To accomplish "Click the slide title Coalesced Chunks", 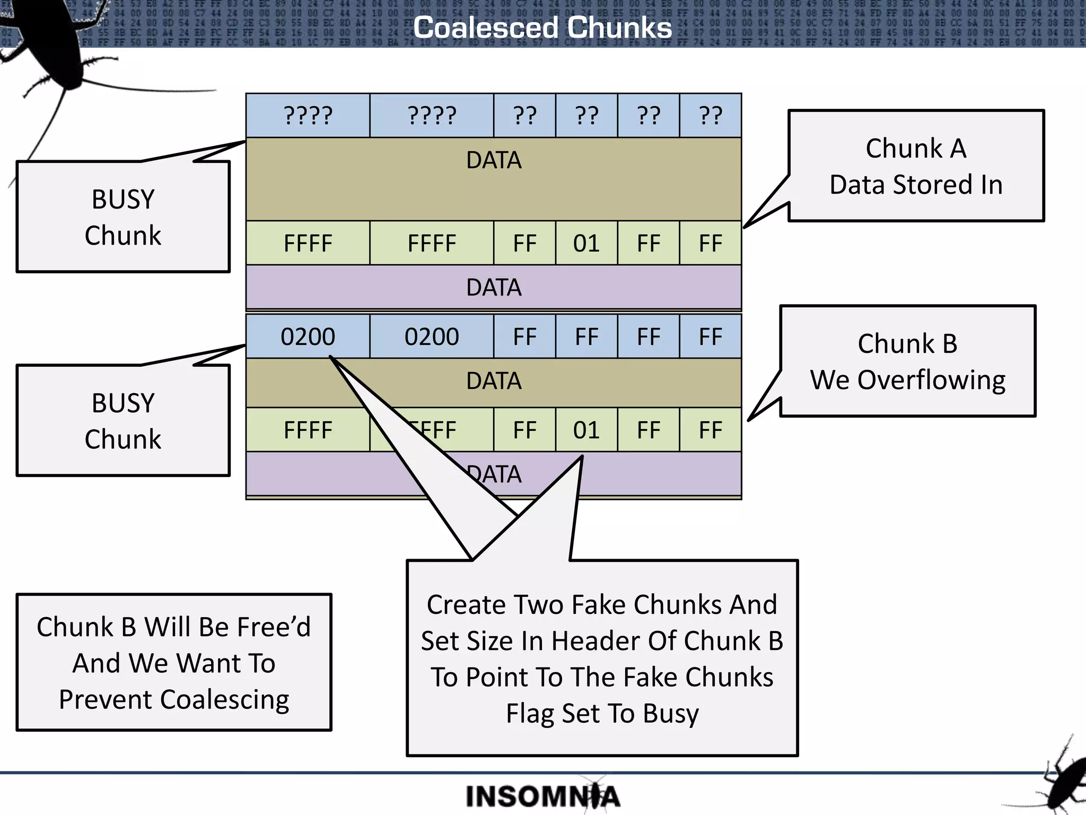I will (x=542, y=28).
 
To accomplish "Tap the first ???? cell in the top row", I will (x=308, y=116).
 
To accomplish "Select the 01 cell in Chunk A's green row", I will (x=586, y=244).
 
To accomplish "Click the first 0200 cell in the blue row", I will (x=308, y=337).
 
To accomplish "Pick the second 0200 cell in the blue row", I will (x=432, y=337).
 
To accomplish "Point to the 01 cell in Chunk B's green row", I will (x=586, y=430).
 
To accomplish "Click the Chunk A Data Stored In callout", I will (x=916, y=166).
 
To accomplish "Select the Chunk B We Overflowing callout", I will (x=907, y=361).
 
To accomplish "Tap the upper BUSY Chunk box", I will (x=123, y=217).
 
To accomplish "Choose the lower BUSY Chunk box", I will (x=123, y=421).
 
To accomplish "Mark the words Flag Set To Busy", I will (x=602, y=713).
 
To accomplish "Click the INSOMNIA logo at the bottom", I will (x=542, y=796).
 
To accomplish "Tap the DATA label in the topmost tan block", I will (x=494, y=160).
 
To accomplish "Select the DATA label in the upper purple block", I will (x=494, y=288).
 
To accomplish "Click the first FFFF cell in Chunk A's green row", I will (x=308, y=244).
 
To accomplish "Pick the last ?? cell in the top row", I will (x=710, y=116).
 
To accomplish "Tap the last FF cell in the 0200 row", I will (x=710, y=337).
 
